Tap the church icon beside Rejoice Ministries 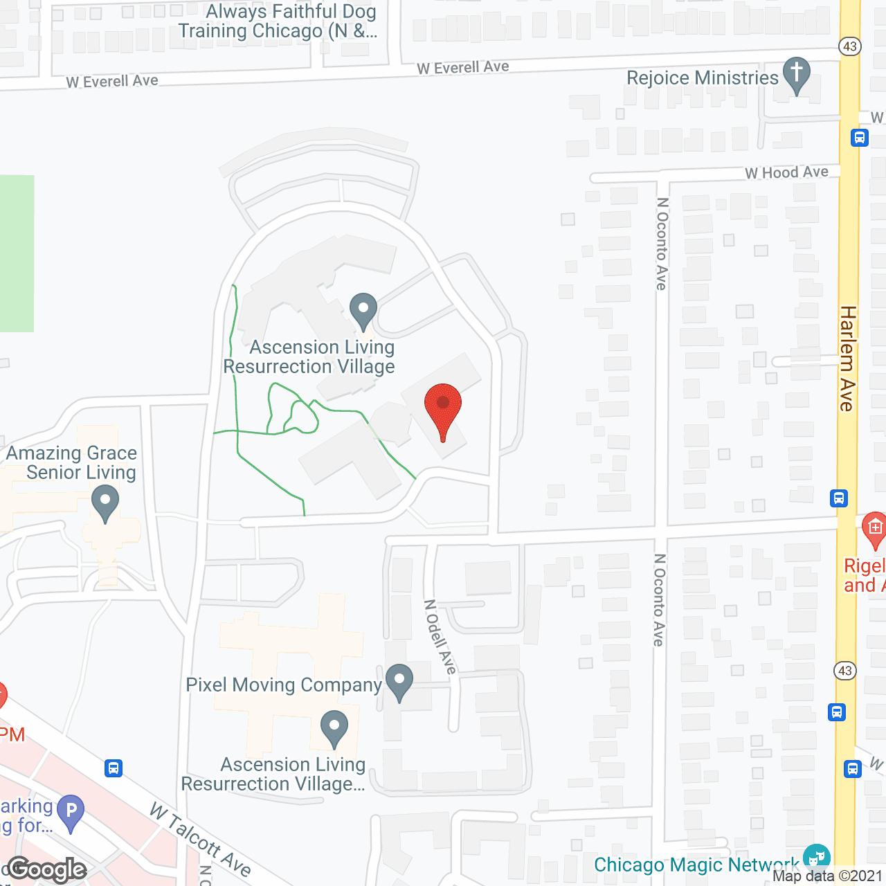coord(796,75)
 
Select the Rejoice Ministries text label coord(702,78)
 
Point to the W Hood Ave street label coord(786,172)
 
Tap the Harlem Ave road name coord(847,359)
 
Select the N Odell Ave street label coord(440,636)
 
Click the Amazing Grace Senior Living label coord(72,462)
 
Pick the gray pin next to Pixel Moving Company coord(399,681)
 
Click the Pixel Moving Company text coord(284,685)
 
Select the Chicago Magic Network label coord(696,865)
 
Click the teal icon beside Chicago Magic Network coord(817,857)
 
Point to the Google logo coord(47,869)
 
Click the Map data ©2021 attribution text coord(827,876)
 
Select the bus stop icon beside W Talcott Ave coord(114,768)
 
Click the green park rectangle coord(17,253)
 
